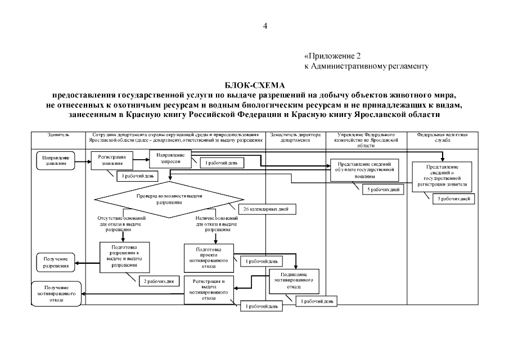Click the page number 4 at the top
pos(265,26)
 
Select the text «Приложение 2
pos(331,56)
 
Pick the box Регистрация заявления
pos(112,161)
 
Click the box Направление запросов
pos(170,157)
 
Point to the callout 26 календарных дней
pos(267,209)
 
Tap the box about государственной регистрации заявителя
pos(442,177)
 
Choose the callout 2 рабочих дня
pos(159,280)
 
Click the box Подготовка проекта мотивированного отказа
pos(208,257)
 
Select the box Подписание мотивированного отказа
pos(291,280)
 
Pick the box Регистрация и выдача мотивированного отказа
pos(208,289)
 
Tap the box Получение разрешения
pos(56,262)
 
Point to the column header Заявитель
pos(59,136)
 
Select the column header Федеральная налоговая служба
pos(443,138)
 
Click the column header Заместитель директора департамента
pos(295,138)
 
